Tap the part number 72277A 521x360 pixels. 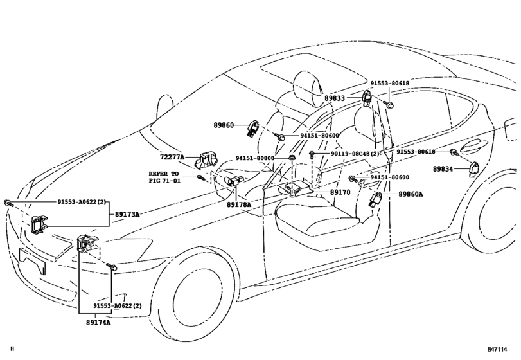172,157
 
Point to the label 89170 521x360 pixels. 340,192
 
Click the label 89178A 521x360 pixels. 238,204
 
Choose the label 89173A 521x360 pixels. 127,213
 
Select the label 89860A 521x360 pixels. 411,194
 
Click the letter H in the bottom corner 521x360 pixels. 12,348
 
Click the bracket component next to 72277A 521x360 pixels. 207,160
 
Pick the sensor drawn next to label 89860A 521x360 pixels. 376,199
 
